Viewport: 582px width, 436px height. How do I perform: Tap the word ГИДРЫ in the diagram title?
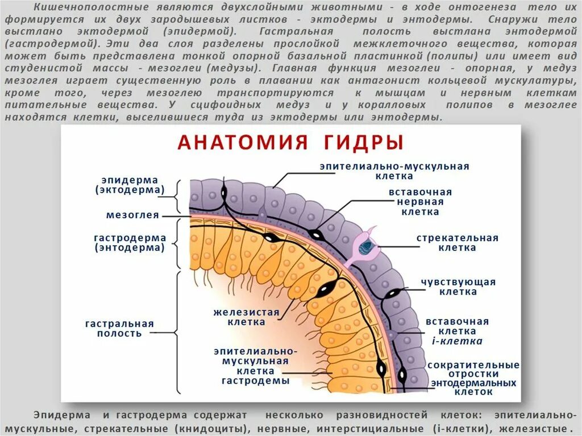(x=364, y=142)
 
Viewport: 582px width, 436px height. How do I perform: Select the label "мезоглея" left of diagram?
(x=132, y=215)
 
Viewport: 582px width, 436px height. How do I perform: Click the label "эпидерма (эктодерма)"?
(x=130, y=185)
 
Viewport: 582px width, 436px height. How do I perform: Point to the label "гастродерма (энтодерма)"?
(x=130, y=243)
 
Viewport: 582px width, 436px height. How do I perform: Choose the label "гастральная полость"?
(x=119, y=329)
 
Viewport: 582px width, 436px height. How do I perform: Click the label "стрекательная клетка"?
(x=458, y=243)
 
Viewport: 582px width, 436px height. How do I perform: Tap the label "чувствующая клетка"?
(x=458, y=286)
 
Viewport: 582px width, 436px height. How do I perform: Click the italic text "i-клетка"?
(x=458, y=342)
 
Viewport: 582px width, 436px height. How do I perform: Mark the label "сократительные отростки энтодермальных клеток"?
(x=473, y=378)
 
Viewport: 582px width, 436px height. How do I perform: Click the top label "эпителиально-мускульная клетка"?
(x=394, y=171)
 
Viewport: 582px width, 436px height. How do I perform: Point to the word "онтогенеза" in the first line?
(x=487, y=7)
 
